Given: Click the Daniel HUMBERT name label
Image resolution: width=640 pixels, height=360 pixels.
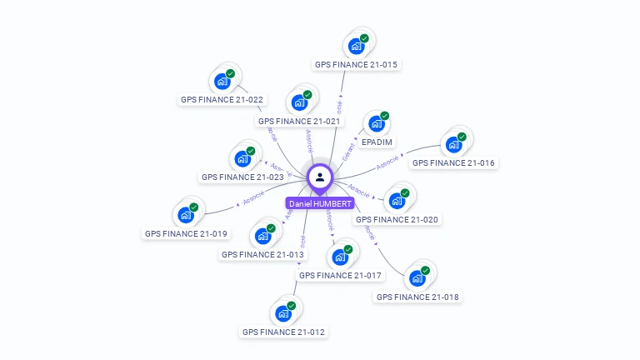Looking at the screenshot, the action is (320, 203).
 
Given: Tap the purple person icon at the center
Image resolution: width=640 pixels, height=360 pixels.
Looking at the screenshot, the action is (320, 177).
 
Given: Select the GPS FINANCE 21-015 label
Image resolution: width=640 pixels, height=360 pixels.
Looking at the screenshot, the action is (356, 64).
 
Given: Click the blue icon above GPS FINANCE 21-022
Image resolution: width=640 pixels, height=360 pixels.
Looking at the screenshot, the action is (222, 81).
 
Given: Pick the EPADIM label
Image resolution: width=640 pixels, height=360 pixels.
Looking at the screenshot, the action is (377, 142).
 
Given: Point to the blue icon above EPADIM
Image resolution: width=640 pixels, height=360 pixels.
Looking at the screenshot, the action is (377, 124).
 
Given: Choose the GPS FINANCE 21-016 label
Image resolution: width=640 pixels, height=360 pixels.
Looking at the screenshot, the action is (453, 163).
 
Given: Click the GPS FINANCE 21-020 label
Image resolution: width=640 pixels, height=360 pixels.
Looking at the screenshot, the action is (397, 220).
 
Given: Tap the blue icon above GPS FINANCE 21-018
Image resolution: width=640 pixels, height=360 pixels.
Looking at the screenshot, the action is (417, 278).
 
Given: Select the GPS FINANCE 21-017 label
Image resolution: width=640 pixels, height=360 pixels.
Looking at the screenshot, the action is (340, 275).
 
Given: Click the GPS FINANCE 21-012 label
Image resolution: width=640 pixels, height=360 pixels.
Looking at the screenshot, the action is (283, 332).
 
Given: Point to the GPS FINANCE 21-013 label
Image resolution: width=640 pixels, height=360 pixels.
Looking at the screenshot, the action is (262, 254).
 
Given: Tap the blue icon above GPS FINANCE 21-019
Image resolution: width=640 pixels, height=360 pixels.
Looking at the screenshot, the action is (186, 215).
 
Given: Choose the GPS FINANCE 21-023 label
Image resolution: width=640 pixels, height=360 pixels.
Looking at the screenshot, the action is (242, 177).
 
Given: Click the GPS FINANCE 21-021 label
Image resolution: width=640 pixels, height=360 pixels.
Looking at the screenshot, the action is (299, 121).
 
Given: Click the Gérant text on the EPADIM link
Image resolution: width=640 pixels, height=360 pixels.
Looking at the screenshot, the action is (349, 149).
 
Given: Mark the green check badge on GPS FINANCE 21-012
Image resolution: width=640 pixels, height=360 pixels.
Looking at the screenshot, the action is (292, 306).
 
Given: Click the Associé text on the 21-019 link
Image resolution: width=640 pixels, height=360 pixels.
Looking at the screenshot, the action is (252, 197).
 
